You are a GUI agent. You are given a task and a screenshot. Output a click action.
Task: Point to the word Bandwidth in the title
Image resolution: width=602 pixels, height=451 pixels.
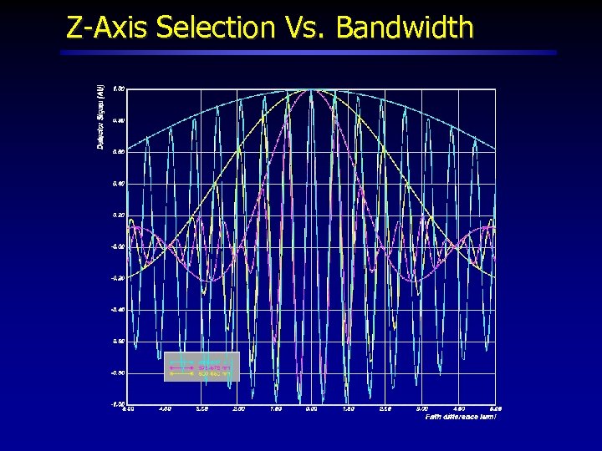(405, 28)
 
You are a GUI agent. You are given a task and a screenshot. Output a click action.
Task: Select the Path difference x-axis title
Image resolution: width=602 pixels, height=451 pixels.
(461, 416)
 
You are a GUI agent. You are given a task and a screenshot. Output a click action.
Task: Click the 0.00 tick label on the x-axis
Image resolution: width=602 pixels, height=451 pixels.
(311, 409)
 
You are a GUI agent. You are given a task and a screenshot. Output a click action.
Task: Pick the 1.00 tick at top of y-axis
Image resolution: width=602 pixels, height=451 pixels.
(119, 89)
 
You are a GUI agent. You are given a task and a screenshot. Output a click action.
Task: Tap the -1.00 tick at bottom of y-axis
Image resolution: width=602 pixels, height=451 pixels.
(118, 403)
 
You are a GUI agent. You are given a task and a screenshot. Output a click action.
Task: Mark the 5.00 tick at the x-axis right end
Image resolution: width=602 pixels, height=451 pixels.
(495, 409)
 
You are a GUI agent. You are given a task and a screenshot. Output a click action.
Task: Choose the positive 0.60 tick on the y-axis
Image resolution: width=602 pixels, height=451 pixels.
(119, 152)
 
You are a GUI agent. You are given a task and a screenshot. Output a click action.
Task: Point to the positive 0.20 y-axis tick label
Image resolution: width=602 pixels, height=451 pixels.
(119, 215)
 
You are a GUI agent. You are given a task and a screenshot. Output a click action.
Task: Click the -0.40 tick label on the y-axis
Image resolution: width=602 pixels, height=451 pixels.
(118, 309)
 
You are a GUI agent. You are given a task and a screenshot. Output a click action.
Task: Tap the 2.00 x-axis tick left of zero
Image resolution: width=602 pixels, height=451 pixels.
(238, 409)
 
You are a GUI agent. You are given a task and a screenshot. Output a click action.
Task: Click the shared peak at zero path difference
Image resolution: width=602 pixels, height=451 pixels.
(311, 89)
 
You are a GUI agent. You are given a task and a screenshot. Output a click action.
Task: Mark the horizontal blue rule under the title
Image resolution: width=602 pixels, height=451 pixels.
(309, 52)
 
